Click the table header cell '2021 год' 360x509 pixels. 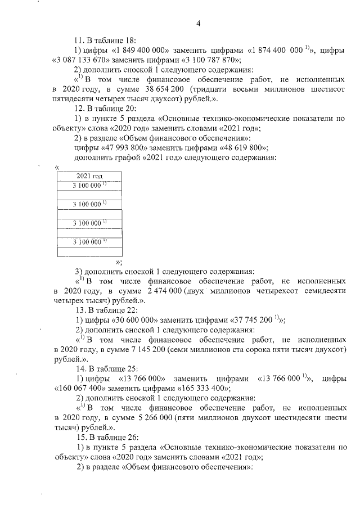89,176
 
